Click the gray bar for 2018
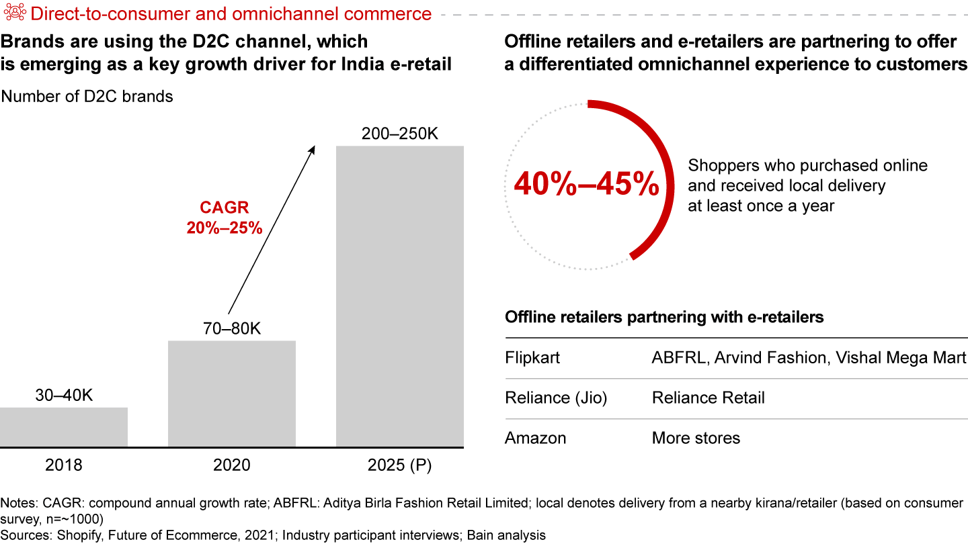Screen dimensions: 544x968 pos(64,426)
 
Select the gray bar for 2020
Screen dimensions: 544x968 pos(232,394)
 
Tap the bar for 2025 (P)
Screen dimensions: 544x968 pos(400,296)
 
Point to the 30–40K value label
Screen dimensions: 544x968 pos(64,396)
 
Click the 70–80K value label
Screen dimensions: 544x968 pos(232,329)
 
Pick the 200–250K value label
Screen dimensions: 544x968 pos(400,134)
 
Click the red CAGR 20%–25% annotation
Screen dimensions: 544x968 pos(225,218)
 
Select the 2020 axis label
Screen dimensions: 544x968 pos(232,465)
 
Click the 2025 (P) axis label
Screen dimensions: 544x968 pos(400,465)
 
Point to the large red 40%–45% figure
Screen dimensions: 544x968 pos(586,183)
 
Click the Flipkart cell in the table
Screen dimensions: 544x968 pos(532,357)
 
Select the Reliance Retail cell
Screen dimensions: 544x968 pos(708,398)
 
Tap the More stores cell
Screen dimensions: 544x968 pos(696,439)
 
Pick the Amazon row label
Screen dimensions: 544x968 pos(536,439)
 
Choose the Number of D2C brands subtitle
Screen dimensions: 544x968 pos(87,97)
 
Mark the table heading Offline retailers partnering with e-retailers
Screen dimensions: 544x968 pos(664,317)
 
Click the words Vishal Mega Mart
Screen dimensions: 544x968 pos(901,357)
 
